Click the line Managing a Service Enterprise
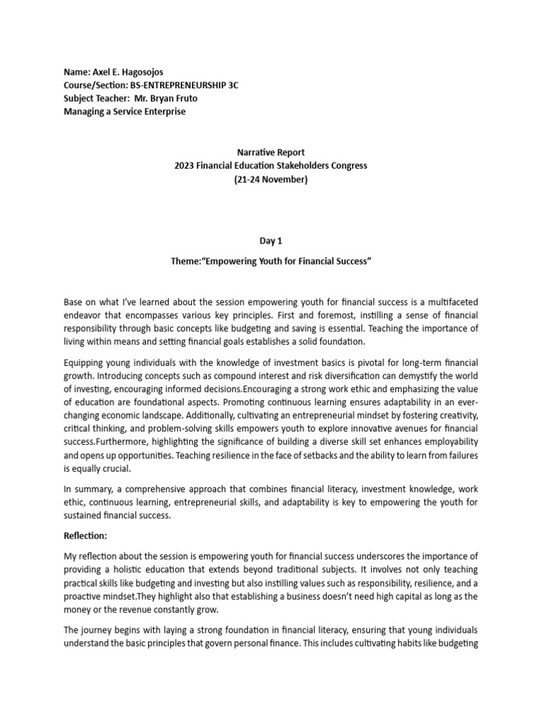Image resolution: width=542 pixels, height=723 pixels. pyautogui.click(x=126, y=111)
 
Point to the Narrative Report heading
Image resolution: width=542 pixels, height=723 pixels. pyautogui.click(x=272, y=153)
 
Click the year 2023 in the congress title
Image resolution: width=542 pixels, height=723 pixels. pyautogui.click(x=185, y=165)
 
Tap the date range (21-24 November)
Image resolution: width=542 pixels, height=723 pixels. pyautogui.click(x=272, y=179)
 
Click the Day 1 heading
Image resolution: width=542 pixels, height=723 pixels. pyautogui.click(x=272, y=241)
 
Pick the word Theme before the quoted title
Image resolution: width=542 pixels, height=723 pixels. pyautogui.click(x=186, y=262)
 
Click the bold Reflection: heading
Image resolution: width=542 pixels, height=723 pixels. pyautogui.click(x=85, y=537)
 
